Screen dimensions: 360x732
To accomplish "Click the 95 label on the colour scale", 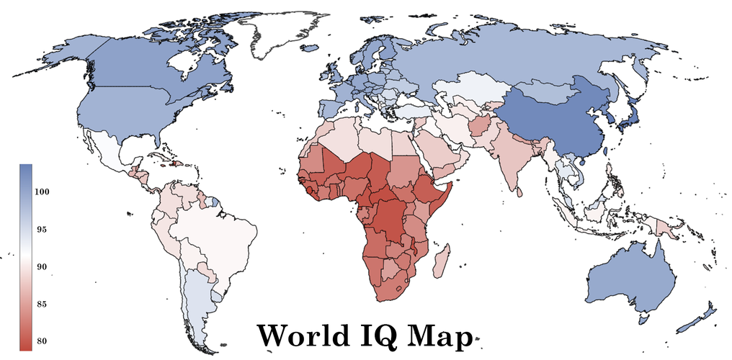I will click(x=43, y=230).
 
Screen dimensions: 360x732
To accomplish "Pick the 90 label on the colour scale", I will click(x=43, y=267).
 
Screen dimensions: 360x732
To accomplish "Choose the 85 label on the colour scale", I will click(x=43, y=305).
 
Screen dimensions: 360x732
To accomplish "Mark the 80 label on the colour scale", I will click(x=43, y=341).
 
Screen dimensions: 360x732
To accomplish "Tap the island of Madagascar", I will click(x=440, y=260).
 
